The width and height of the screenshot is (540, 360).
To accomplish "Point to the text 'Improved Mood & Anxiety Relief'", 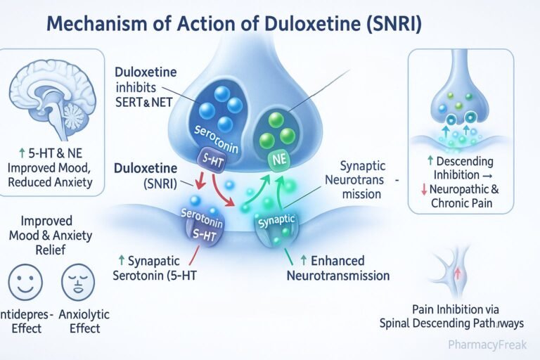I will pyautogui.click(x=51, y=236).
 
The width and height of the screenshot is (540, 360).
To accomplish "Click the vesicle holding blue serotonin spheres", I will pyautogui.click(x=214, y=105).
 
